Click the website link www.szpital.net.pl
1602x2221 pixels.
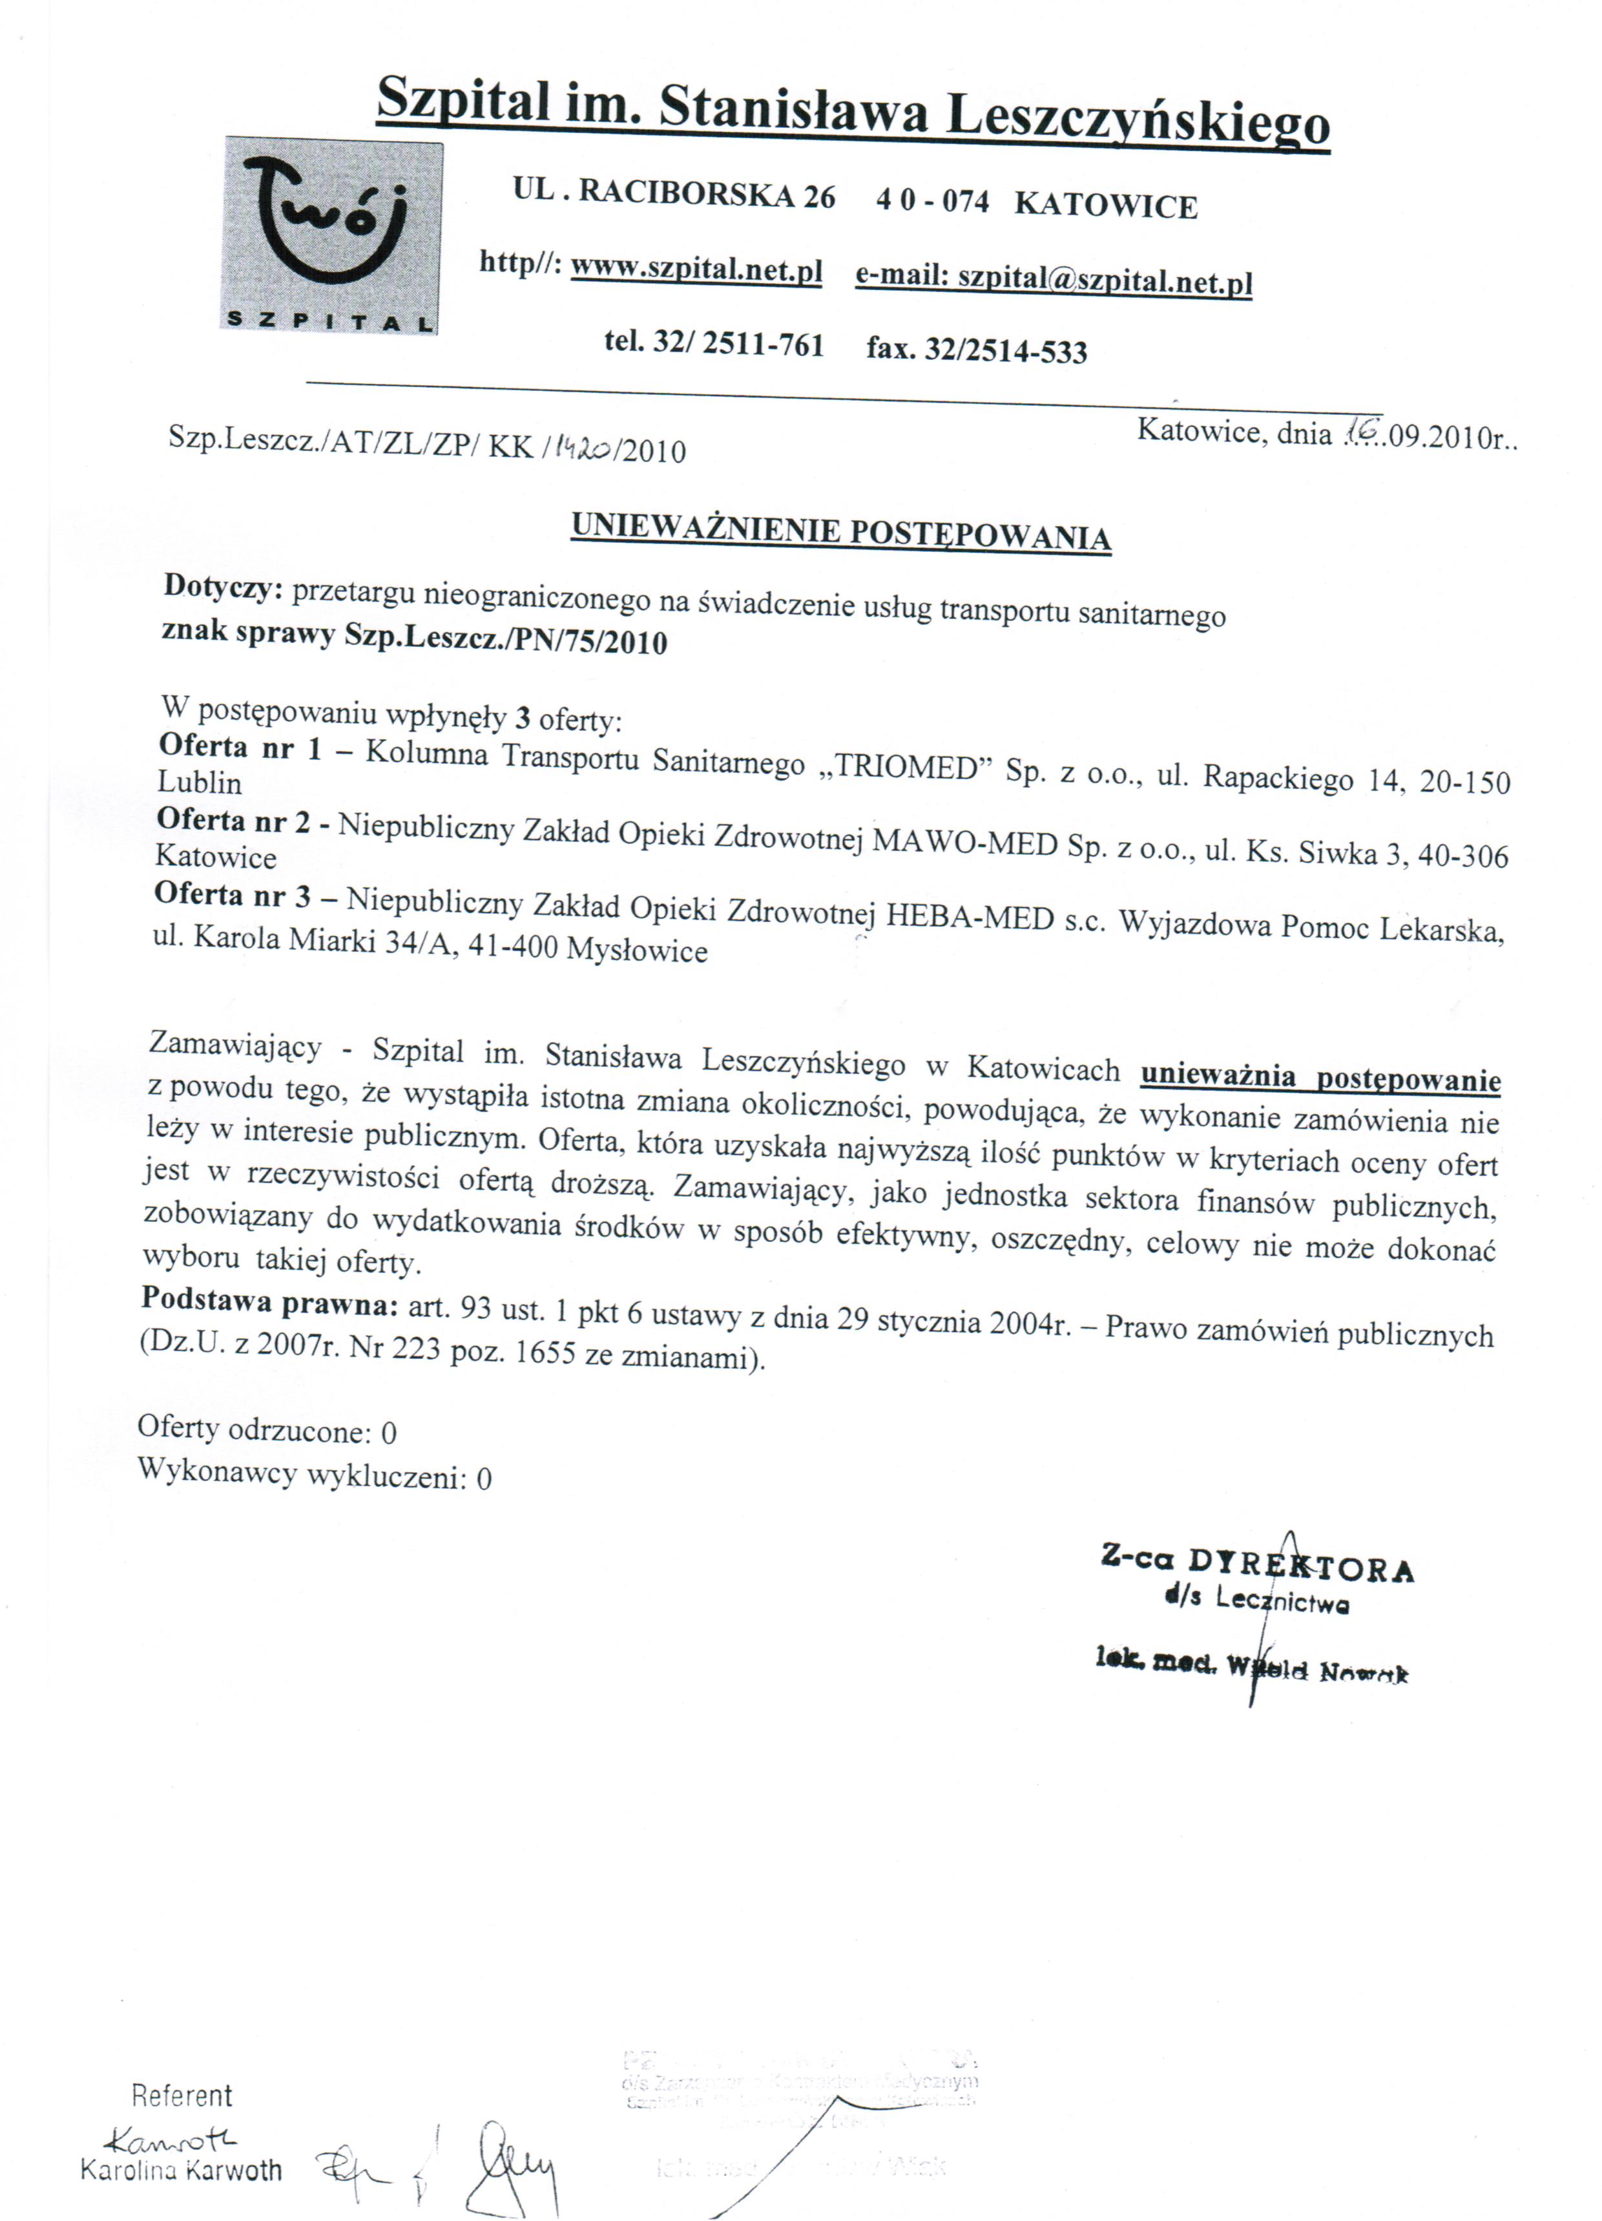click(696, 269)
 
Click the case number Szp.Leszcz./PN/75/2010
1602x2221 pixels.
click(505, 640)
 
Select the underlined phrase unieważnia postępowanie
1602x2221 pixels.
click(1320, 1077)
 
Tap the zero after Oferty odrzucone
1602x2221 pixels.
click(389, 1434)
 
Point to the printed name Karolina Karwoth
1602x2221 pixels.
click(181, 2169)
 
